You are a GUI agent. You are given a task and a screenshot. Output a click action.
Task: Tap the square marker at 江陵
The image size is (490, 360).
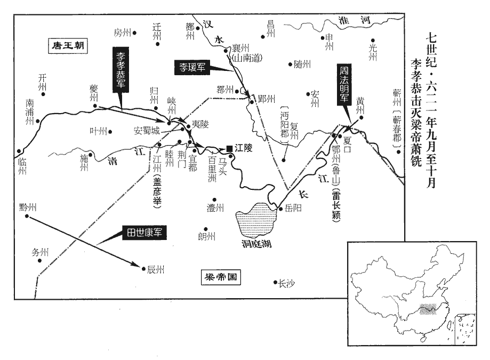coord(229,148)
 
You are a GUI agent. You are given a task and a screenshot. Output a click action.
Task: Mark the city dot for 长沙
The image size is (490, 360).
coord(276,283)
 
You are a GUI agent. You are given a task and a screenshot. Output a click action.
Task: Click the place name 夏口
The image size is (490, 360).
coord(352,142)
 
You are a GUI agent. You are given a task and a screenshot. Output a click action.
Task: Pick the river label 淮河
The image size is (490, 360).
coord(355,21)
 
